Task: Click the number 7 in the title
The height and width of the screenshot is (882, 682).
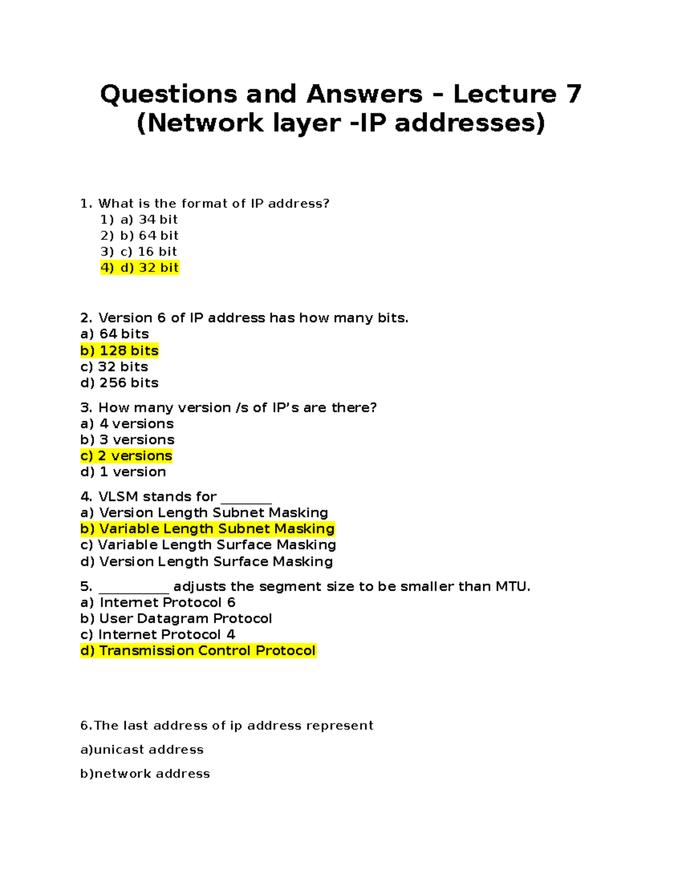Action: pos(573,94)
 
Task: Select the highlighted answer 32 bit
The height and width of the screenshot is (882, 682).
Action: pos(140,267)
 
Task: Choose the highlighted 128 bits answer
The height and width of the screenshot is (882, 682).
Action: pos(119,350)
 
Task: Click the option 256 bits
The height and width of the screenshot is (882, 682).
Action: pos(119,383)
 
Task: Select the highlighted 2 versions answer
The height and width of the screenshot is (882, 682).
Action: pos(126,455)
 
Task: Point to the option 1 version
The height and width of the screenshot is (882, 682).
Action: pos(123,472)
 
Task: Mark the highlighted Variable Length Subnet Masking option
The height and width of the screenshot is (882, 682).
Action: pos(207,529)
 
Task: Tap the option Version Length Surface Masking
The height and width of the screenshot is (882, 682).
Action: pos(207,562)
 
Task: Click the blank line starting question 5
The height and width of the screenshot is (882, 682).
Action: pos(134,591)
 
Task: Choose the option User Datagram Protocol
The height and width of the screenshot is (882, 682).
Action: pos(176,618)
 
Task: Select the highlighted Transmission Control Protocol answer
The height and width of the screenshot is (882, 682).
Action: pos(198,651)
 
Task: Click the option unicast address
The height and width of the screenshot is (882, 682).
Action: pos(142,750)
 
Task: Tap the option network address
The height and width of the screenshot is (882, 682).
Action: pos(145,774)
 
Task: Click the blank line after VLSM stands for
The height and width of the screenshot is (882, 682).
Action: pos(246,501)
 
